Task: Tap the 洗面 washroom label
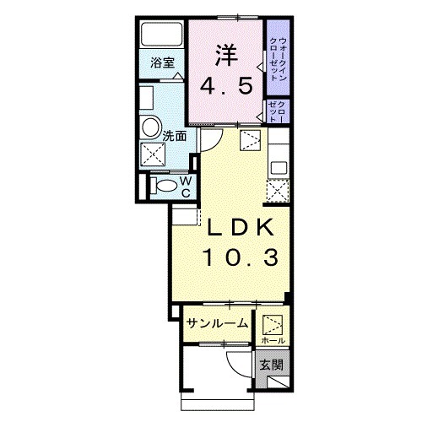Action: (175, 134)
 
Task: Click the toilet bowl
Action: (165, 186)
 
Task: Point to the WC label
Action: (186, 186)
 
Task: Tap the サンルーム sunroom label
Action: (217, 322)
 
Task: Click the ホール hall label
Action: (273, 339)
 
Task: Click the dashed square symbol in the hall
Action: (273, 324)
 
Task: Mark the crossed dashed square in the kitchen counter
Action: (276, 192)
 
